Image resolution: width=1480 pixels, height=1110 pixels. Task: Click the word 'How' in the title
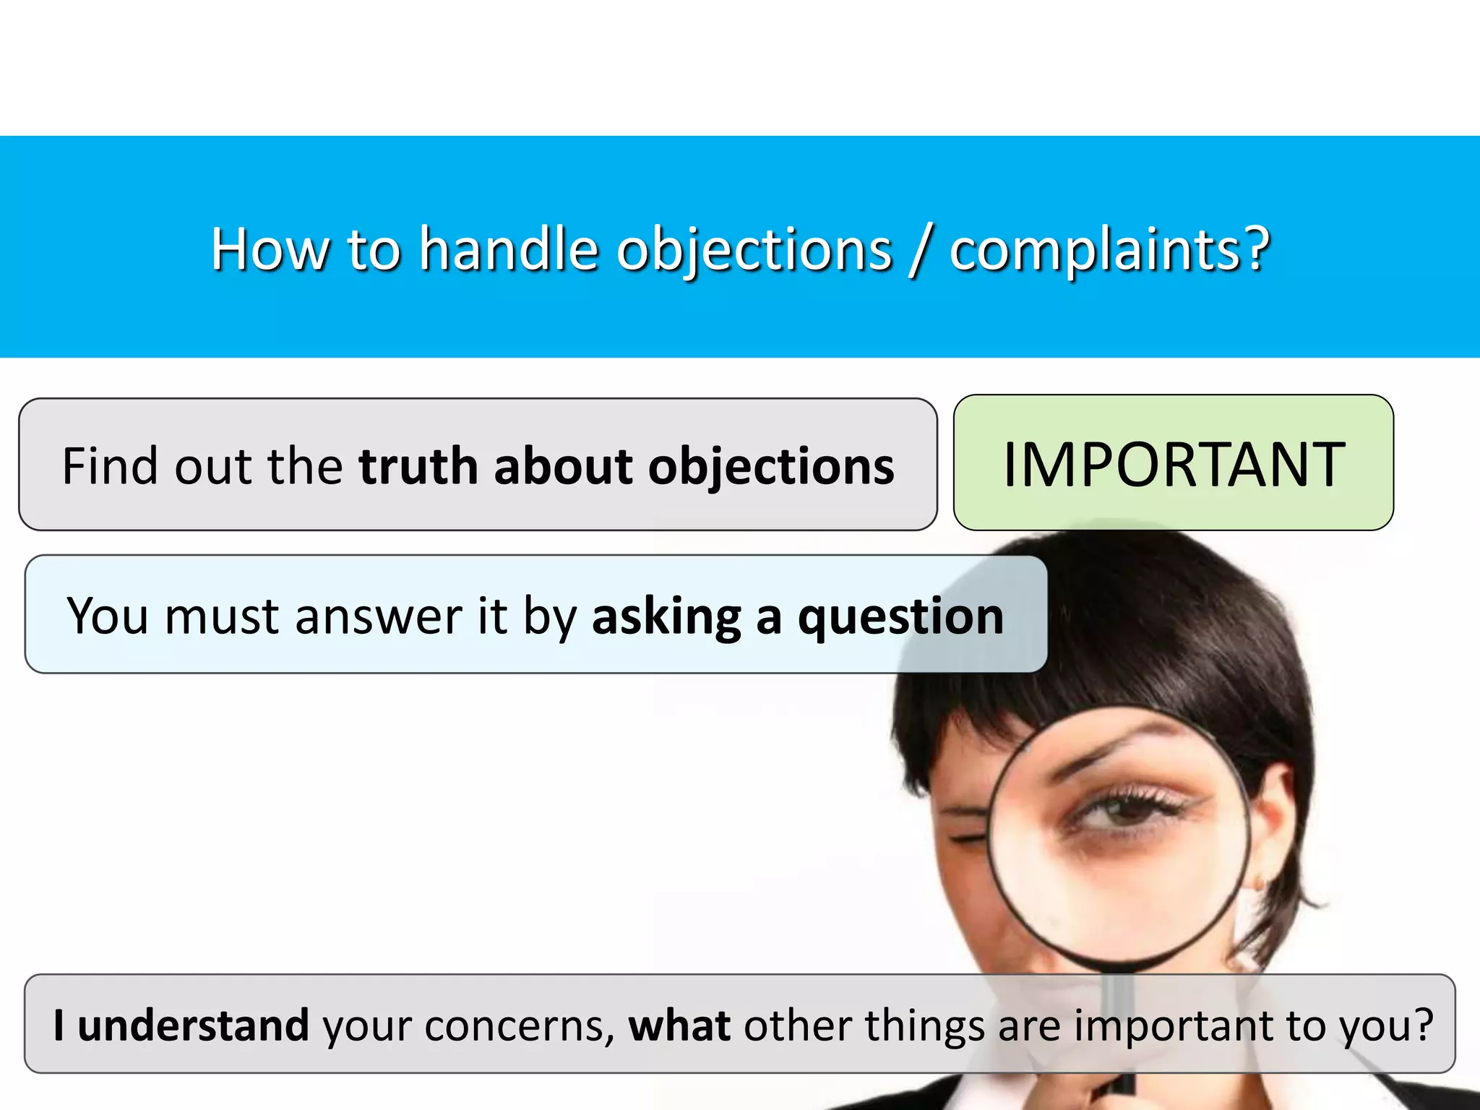[268, 249]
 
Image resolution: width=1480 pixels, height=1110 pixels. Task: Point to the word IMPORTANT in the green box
[1174, 465]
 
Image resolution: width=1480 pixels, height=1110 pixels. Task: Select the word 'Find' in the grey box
[108, 466]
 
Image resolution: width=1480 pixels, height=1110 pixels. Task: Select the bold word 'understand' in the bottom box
[193, 1025]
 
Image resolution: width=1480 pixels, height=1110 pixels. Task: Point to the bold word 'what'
[679, 1025]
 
